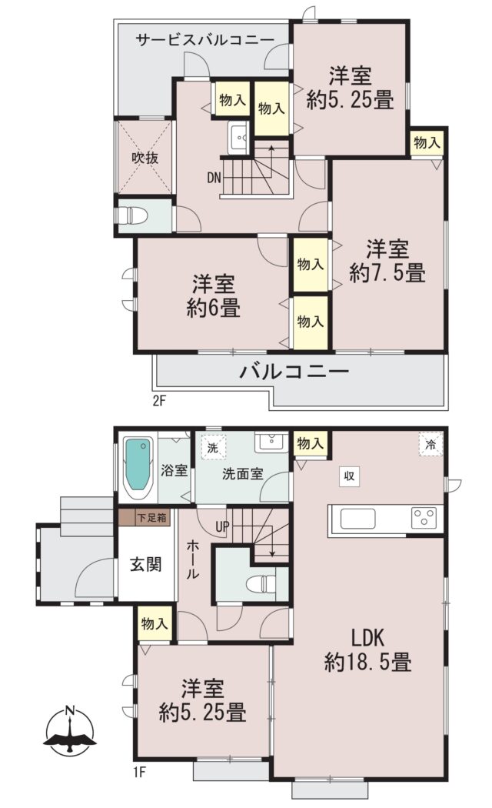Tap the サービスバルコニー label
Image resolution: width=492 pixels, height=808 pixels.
[204, 40]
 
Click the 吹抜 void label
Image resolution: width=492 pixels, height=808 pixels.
[145, 158]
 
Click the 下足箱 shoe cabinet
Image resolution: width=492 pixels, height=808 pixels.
[145, 518]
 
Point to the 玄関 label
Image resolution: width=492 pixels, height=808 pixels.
[145, 564]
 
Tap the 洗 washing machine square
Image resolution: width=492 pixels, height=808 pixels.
[212, 448]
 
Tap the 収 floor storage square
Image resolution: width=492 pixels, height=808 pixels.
[350, 476]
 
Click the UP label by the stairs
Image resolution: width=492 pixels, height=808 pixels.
[222, 527]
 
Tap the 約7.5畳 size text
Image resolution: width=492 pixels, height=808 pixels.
[387, 273]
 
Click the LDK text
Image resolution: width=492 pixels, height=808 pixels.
[368, 638]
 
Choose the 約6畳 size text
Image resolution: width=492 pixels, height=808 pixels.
[213, 309]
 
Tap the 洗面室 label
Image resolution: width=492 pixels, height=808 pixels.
[243, 473]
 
